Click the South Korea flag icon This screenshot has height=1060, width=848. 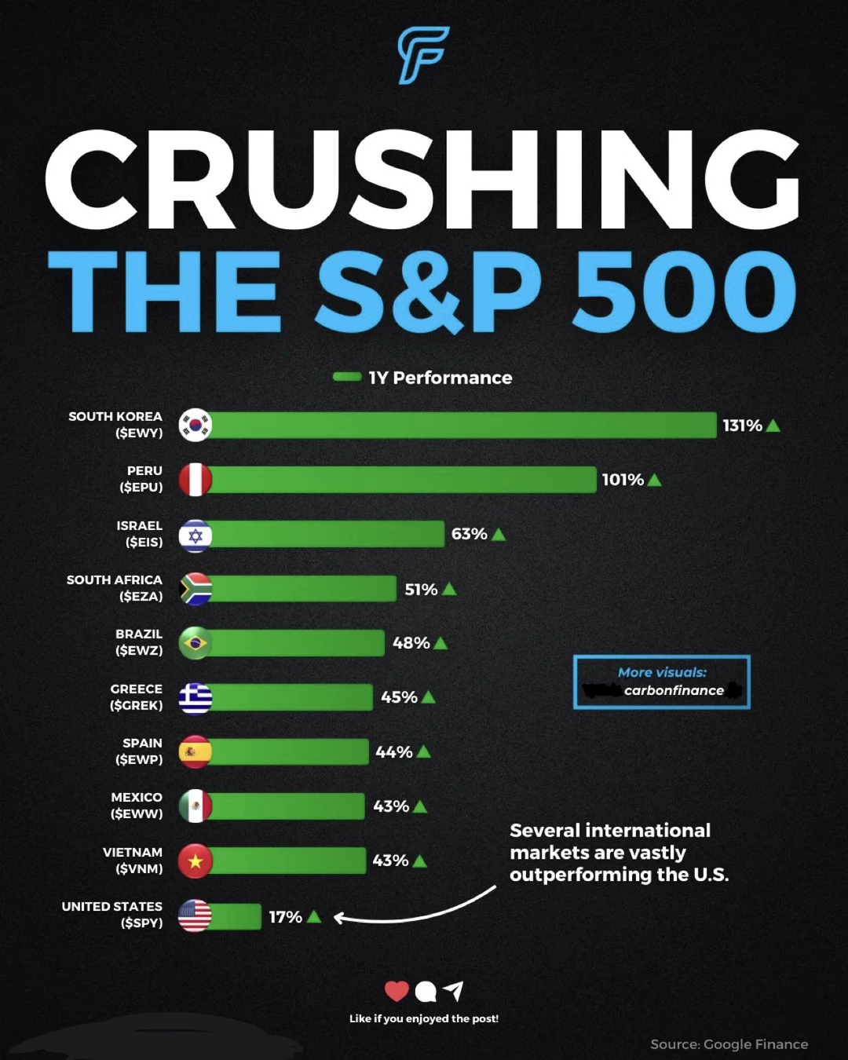tap(195, 425)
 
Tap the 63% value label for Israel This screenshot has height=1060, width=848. tap(469, 534)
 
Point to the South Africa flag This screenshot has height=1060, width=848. tap(195, 589)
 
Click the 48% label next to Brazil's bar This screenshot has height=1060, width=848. tap(411, 643)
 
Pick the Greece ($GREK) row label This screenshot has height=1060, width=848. tap(137, 696)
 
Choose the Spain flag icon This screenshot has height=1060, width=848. tap(195, 751)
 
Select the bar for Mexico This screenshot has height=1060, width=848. tap(287, 806)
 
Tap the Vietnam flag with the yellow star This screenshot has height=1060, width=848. tap(195, 861)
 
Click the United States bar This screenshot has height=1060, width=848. tap(236, 916)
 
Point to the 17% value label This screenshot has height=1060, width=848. tap(285, 917)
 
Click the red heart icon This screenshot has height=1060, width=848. tap(397, 992)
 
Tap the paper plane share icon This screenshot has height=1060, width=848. tap(454, 991)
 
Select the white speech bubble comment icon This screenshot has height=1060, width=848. tap(426, 992)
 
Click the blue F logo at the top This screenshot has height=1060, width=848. tap(423, 55)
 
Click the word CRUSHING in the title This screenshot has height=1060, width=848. tap(422, 181)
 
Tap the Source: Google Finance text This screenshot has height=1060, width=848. tap(729, 1044)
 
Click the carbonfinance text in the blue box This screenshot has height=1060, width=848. tap(674, 690)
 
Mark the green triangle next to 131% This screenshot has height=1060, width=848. tap(773, 426)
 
